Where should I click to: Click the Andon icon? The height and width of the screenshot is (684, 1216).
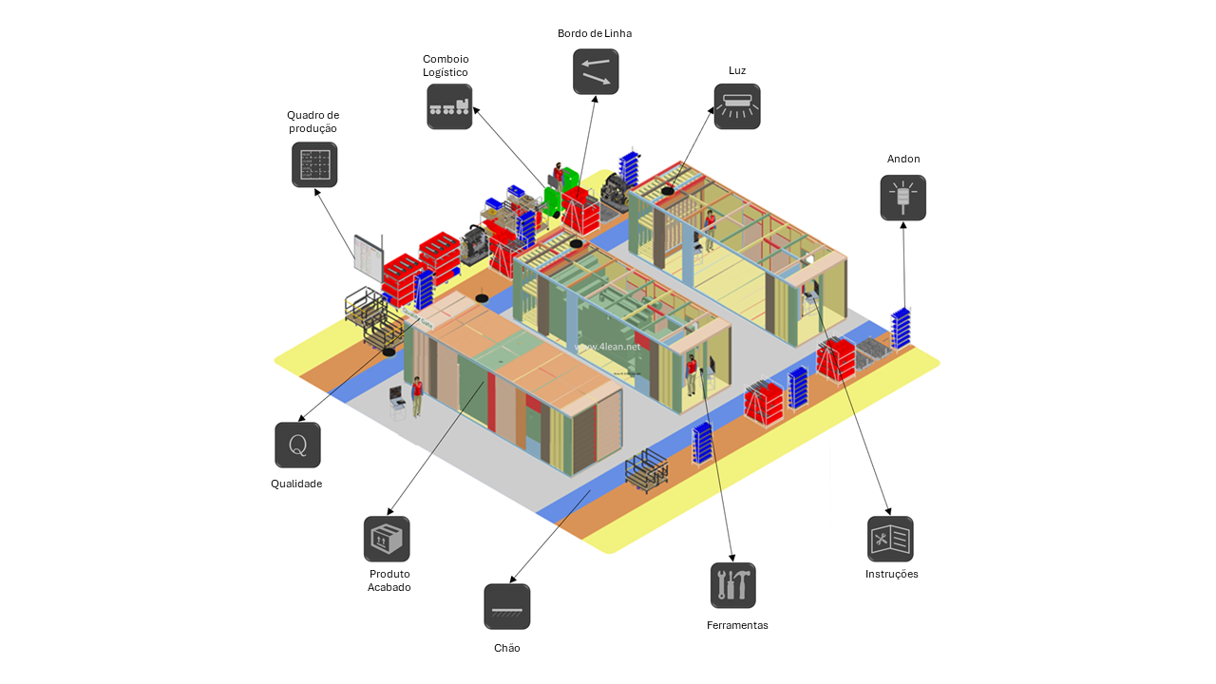[x=902, y=198]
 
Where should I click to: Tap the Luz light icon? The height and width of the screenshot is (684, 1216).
[x=737, y=106]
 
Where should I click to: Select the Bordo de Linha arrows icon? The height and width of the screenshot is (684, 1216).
[x=596, y=71]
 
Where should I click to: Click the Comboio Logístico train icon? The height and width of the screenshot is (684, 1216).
[x=449, y=106]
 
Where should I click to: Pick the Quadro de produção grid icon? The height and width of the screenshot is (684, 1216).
[x=314, y=164]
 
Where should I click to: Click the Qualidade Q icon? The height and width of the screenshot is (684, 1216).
[x=297, y=445]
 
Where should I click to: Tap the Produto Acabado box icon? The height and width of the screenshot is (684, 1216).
[x=387, y=539]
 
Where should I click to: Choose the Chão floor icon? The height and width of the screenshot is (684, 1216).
[x=507, y=606]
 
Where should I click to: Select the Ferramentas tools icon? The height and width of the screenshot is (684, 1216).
[x=733, y=585]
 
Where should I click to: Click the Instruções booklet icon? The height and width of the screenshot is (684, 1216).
[x=890, y=539]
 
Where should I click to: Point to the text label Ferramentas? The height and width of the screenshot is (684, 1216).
[x=737, y=625]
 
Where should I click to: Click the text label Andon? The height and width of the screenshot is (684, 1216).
[x=903, y=159]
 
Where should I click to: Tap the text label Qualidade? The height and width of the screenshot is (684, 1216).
[x=296, y=484]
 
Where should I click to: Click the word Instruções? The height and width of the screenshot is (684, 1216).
[x=891, y=574]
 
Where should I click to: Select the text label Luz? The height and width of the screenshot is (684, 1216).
[x=737, y=70]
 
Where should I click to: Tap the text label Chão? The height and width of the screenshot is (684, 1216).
[x=507, y=648]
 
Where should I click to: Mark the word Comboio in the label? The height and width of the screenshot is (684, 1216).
[x=446, y=59]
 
